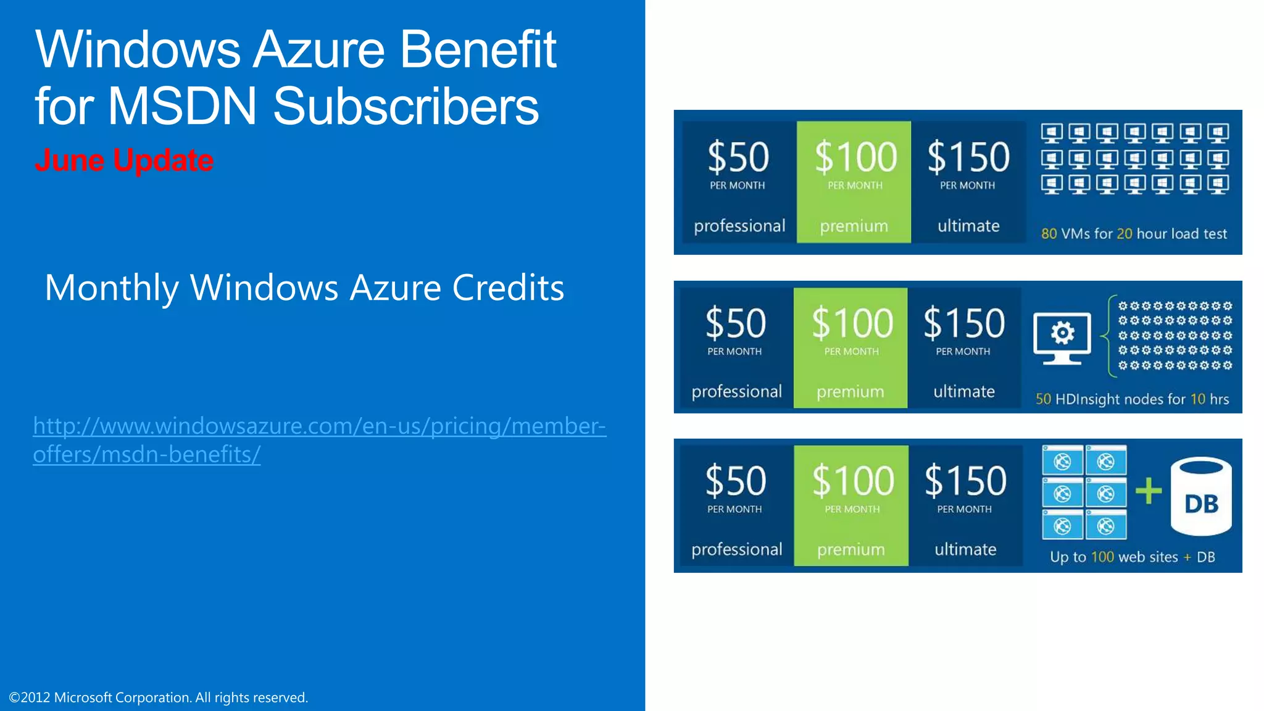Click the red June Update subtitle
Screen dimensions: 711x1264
click(x=124, y=160)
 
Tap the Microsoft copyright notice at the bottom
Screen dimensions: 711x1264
click(x=158, y=697)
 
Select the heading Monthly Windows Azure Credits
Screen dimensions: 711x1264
click(x=304, y=288)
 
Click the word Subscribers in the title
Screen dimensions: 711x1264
click(x=405, y=106)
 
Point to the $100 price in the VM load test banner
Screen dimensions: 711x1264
click(x=855, y=157)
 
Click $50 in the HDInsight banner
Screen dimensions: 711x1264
click(x=735, y=323)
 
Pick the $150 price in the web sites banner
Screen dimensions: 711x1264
click(x=965, y=481)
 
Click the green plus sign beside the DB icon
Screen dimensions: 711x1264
click(x=1148, y=492)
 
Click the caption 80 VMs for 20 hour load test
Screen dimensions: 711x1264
click(x=1134, y=234)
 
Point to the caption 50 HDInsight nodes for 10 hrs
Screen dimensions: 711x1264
click(x=1132, y=399)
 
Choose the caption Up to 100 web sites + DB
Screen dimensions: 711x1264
click(x=1132, y=557)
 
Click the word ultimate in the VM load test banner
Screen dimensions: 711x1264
click(x=968, y=226)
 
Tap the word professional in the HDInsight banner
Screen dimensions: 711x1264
click(x=736, y=391)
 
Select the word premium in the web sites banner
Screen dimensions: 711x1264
click(x=851, y=549)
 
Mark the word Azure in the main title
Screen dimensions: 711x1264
click(x=318, y=49)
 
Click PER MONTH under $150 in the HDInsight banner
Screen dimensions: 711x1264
click(x=963, y=352)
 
